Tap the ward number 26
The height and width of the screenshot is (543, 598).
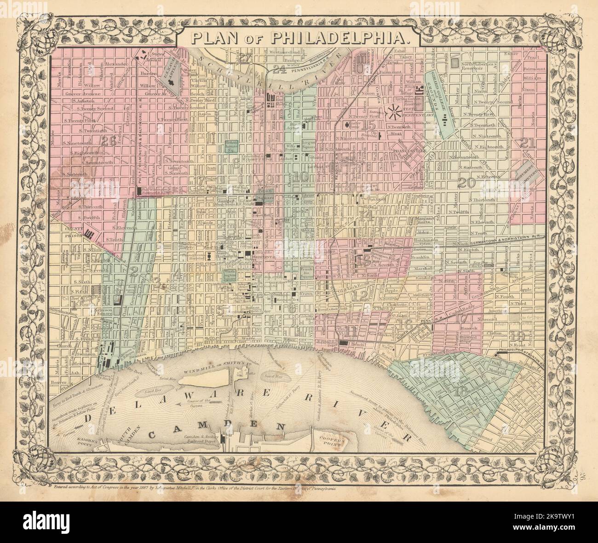point(109,142)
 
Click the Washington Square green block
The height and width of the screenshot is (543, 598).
point(230,275)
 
